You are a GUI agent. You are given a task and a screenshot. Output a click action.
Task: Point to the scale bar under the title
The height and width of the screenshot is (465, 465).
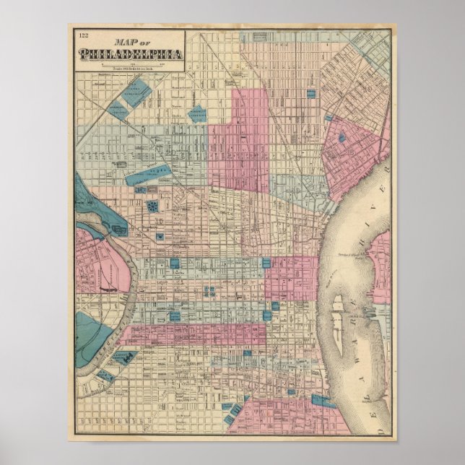coord(130,64)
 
